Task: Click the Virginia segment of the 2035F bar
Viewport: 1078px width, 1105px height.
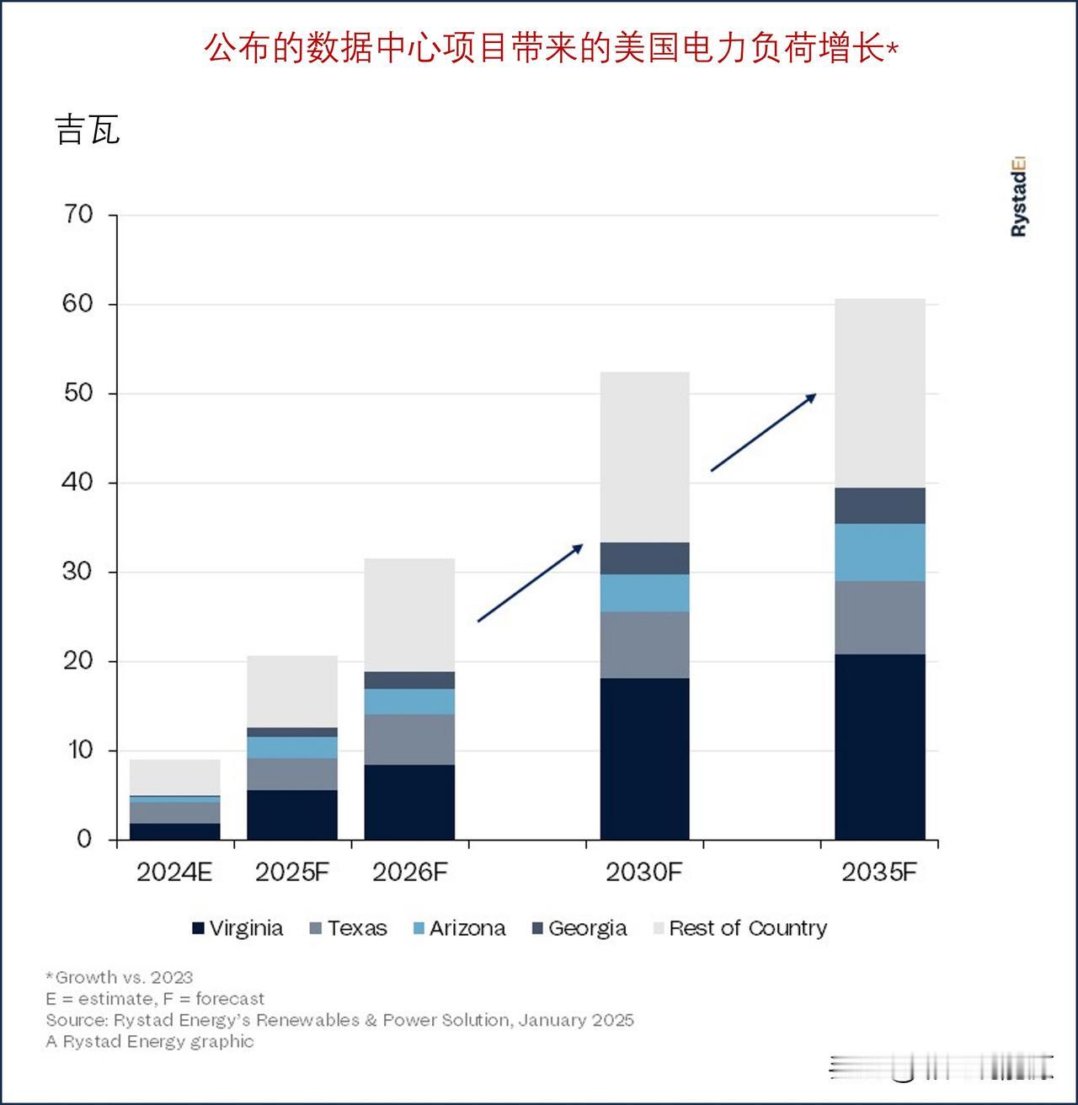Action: point(879,746)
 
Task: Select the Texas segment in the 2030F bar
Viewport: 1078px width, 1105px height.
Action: point(644,644)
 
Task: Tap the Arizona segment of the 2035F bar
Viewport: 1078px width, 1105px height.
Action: point(879,552)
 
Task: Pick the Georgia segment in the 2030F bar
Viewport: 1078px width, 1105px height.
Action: point(644,558)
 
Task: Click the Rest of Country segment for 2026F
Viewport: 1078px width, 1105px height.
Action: point(409,615)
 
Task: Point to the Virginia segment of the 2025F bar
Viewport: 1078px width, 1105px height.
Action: point(292,814)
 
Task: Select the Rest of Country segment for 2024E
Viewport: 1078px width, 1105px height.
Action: point(175,777)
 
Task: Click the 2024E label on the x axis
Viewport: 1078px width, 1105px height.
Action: point(174,872)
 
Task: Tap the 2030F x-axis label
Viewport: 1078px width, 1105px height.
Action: point(643,872)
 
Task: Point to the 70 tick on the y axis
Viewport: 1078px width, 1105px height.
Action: point(77,215)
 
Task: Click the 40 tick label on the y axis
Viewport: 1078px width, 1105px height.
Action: point(77,483)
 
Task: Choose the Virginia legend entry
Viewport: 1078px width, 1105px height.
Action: point(237,928)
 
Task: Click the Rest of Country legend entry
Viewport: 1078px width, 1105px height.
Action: point(740,928)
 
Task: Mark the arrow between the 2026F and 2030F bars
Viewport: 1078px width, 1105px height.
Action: point(530,583)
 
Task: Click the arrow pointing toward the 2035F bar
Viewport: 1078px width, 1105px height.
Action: point(763,432)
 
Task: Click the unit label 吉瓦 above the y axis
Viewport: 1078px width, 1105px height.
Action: point(88,131)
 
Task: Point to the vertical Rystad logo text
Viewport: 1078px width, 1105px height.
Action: point(1018,197)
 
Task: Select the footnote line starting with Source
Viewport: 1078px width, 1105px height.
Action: point(339,1020)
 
